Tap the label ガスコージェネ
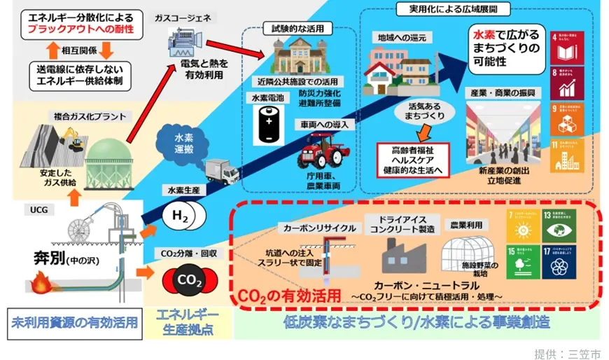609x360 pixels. (183, 17)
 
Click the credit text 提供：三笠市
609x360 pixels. (566, 352)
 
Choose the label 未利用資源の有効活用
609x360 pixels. (73, 324)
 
